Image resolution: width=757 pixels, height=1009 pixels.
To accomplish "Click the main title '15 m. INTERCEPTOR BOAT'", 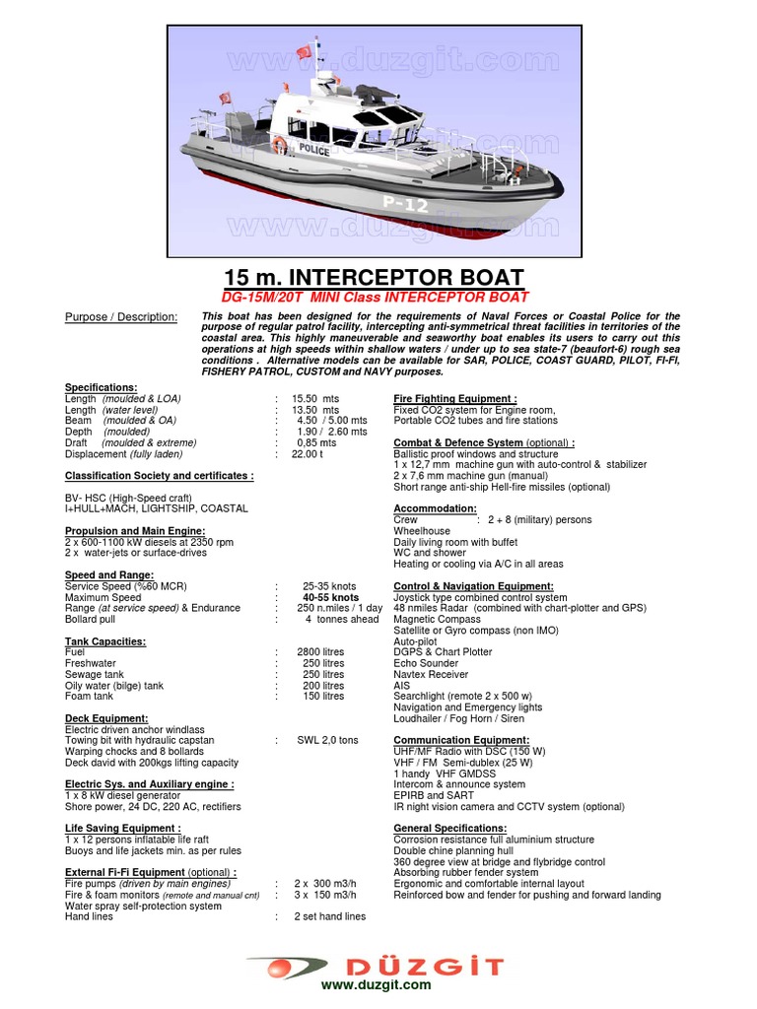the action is point(375,277).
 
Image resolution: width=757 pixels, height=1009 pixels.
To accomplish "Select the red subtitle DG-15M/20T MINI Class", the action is point(374,297).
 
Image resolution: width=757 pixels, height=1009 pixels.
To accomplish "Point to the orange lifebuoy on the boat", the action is point(280,145).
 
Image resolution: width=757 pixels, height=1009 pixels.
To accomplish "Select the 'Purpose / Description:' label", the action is point(121,316).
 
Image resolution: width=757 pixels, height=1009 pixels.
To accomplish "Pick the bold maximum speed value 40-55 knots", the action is point(330,597).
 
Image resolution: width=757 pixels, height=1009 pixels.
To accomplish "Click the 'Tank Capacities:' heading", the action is point(105,641).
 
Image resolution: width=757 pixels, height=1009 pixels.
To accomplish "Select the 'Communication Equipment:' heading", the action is point(461,740).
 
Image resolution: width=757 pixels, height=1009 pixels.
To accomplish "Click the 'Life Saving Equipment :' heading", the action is point(123,829).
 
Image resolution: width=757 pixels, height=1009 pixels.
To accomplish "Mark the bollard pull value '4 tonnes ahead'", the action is point(341,619).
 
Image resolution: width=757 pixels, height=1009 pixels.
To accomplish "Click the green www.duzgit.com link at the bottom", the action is point(376,984).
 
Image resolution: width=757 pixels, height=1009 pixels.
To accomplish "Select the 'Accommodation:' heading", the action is point(435,508).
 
